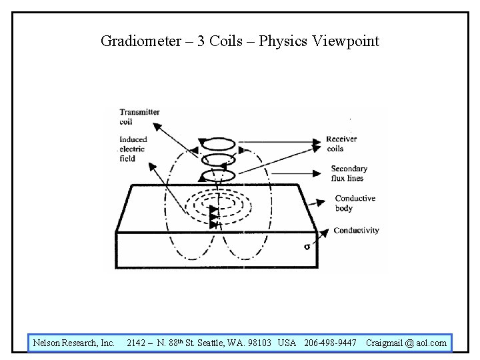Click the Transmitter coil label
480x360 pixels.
[139, 117]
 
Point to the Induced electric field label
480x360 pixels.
[133, 149]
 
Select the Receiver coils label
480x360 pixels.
[341, 143]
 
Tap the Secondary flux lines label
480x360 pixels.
[349, 173]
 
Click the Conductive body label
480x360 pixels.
[355, 203]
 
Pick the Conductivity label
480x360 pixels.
[356, 231]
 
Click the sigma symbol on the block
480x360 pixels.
[307, 246]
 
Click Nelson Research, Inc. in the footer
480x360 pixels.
[74, 343]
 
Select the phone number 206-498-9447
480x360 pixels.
[330, 343]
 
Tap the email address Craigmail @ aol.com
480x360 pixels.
[406, 343]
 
